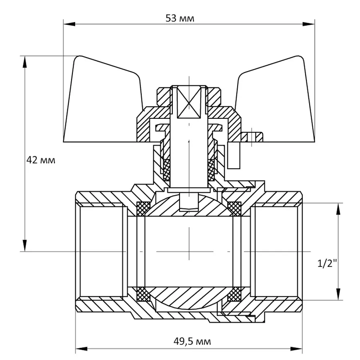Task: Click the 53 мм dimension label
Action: click(x=180, y=18)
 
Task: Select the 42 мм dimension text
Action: click(x=41, y=160)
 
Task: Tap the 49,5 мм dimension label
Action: click(x=192, y=341)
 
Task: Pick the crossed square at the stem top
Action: click(x=188, y=102)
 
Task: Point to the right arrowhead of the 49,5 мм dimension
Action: click(x=299, y=348)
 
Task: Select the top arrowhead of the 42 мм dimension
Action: click(x=25, y=60)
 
